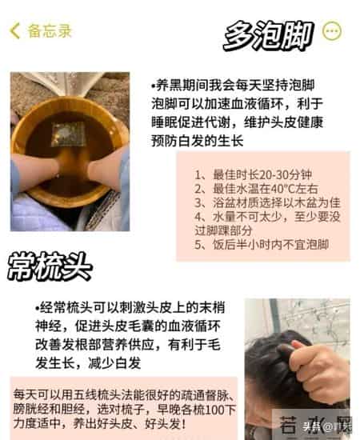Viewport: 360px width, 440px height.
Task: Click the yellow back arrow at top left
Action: (x=14, y=31)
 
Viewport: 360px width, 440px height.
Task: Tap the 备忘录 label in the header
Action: (x=50, y=31)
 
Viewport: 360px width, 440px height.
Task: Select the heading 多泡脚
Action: (x=268, y=35)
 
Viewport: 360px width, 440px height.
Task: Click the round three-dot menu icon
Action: (x=331, y=31)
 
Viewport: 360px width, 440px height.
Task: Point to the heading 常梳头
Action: (x=50, y=267)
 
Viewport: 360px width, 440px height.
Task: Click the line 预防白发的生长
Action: (x=197, y=141)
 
